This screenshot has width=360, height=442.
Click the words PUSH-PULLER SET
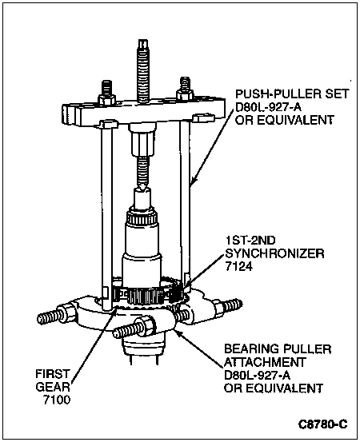(292, 94)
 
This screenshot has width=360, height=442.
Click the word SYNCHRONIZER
(274, 253)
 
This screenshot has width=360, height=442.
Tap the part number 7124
(238, 266)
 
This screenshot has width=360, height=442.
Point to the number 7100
(57, 400)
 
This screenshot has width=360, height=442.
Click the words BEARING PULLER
(278, 349)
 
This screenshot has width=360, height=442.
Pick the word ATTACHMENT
(265, 362)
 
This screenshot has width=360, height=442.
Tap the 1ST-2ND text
(250, 241)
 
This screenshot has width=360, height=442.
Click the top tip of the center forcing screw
(143, 40)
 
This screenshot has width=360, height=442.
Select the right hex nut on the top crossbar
(185, 94)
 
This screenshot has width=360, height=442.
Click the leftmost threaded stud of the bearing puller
(50, 317)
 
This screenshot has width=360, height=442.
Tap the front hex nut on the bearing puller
(146, 326)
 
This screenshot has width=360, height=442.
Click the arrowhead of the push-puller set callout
(193, 180)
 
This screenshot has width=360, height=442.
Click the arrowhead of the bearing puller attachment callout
(178, 332)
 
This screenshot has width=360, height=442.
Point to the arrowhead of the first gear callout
(115, 310)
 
